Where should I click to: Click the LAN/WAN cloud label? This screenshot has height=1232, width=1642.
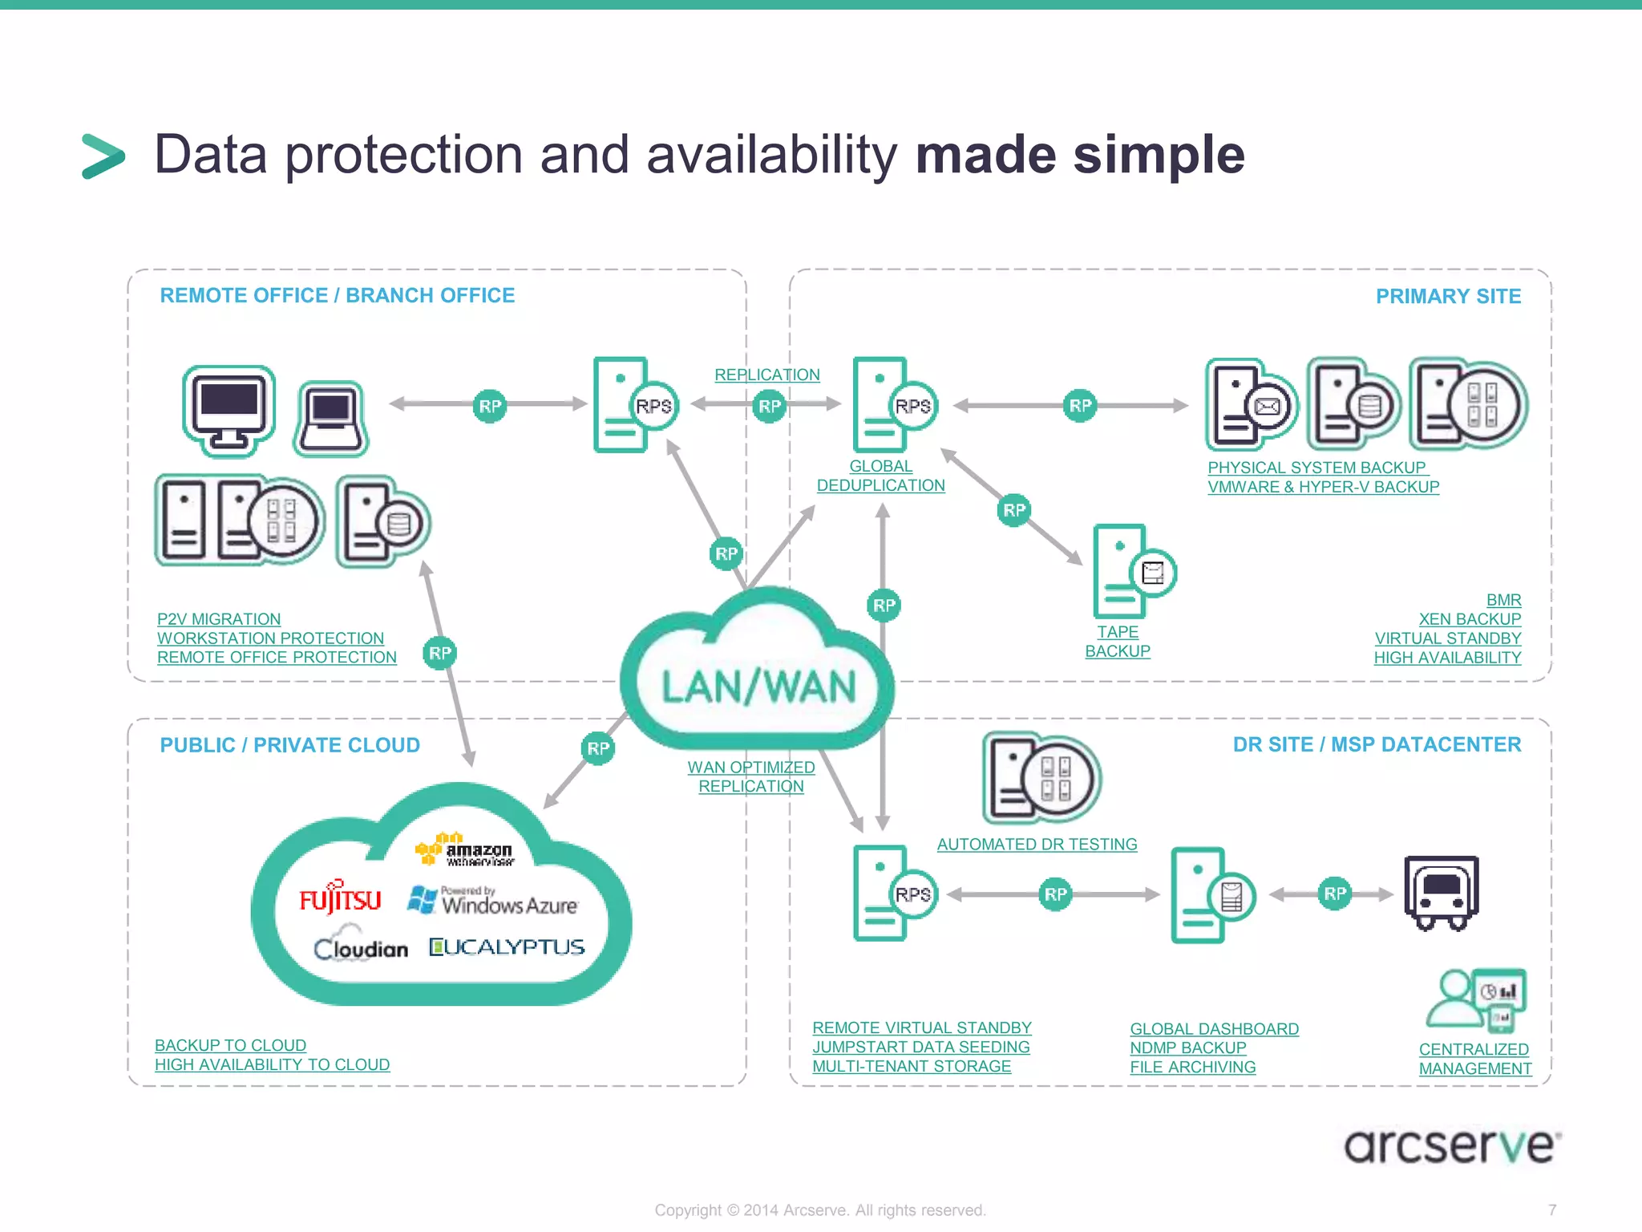coord(758,687)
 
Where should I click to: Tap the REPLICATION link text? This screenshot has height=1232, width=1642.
coord(767,375)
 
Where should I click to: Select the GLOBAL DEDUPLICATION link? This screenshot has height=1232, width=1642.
coord(880,476)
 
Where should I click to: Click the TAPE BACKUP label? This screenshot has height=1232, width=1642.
coord(1118,642)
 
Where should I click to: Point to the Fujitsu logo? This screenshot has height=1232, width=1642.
coord(340,899)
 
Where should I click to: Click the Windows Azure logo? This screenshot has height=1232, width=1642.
coord(493,902)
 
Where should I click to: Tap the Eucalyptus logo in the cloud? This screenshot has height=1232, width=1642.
coord(507,947)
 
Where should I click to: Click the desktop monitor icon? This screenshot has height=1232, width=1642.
coord(229,409)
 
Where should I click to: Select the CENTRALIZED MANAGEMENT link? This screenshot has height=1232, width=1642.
coord(1474,1059)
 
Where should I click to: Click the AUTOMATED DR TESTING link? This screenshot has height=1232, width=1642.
coord(1037,844)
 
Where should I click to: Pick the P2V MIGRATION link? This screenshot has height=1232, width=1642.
coord(219,619)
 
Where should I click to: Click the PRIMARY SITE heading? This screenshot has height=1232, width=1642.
coord(1448,297)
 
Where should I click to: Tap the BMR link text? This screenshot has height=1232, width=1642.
coord(1503,600)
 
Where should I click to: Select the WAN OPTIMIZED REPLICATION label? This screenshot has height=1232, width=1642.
coord(751,776)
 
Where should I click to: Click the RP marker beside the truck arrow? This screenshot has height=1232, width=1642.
coord(1335,894)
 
